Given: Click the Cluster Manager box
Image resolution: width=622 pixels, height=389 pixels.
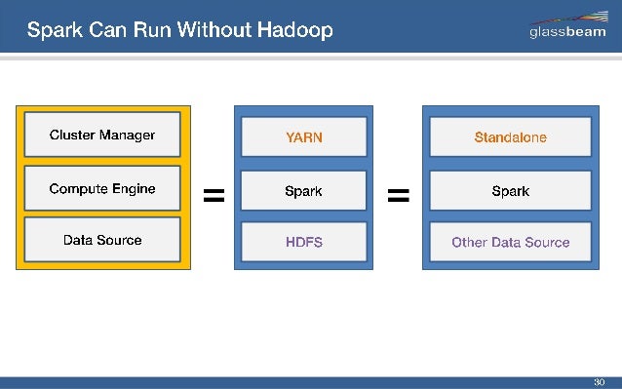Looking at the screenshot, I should click(x=102, y=136).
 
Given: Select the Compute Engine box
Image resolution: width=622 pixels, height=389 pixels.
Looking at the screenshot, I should click(x=102, y=189).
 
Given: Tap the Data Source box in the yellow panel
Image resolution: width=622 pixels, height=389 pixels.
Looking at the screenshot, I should click(x=102, y=241).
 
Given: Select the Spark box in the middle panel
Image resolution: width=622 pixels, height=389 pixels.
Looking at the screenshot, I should click(x=303, y=191).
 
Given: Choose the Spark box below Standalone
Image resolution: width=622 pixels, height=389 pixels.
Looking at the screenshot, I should click(x=510, y=191).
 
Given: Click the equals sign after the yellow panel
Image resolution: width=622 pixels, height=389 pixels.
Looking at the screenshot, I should click(x=213, y=197).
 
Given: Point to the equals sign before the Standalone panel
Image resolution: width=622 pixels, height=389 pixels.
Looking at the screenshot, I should click(x=398, y=197).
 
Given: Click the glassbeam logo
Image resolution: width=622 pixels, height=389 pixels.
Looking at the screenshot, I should click(x=568, y=27).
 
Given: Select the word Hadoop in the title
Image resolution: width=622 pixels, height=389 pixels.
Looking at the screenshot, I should click(x=295, y=30).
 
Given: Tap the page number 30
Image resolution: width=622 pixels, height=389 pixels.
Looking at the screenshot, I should click(x=600, y=381).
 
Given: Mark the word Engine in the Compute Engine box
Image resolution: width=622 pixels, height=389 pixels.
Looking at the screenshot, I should click(x=134, y=189).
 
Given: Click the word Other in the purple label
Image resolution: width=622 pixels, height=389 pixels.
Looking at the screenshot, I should click(x=469, y=243).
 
